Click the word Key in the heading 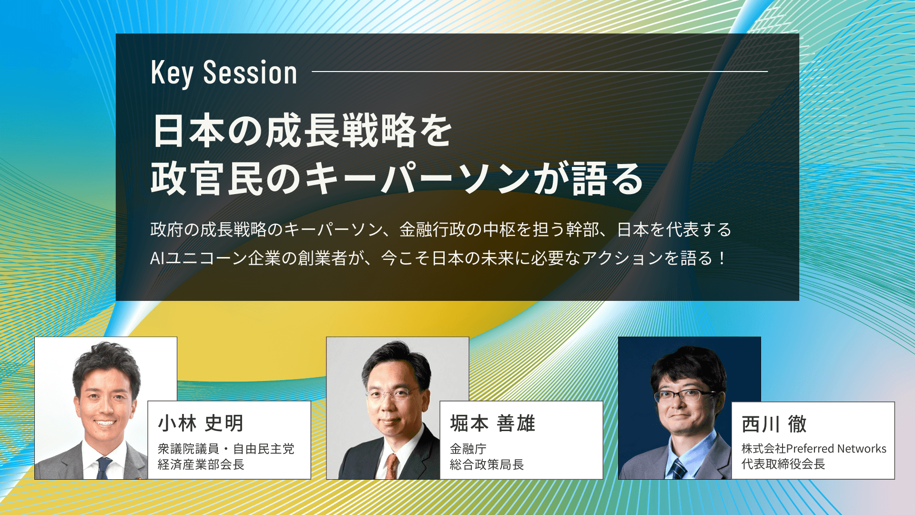[172, 73]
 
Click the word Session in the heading [250, 73]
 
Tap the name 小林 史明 [201, 423]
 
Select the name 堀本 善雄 [493, 423]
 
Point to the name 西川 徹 [774, 424]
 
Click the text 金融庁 [468, 449]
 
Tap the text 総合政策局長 [487, 464]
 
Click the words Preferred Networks [836, 449]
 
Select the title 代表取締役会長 [783, 464]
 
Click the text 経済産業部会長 [201, 464]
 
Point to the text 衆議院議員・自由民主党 [226, 449]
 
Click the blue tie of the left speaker [103, 467]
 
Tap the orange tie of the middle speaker [391, 465]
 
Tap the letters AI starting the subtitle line [157, 258]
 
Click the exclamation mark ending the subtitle [722, 258]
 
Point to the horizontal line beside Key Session [539, 72]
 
